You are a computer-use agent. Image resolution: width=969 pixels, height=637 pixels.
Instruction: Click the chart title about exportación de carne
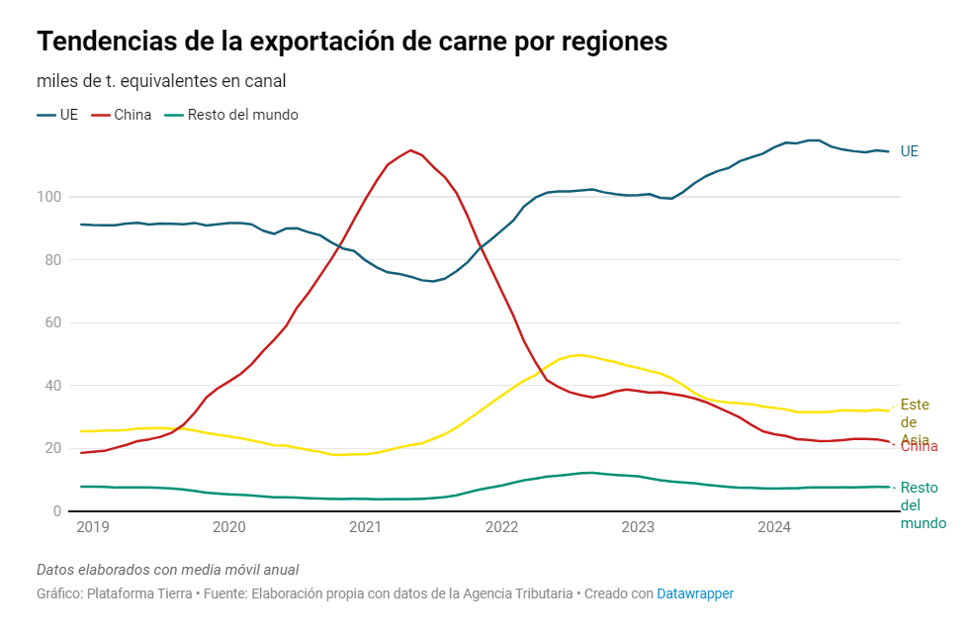[x=352, y=43]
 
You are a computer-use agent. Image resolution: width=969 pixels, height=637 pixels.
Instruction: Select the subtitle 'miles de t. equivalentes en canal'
[x=161, y=81]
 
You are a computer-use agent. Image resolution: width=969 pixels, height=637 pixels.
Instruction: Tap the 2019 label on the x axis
[x=92, y=528]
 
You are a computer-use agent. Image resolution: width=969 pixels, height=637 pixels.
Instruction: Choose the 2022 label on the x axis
[x=501, y=528]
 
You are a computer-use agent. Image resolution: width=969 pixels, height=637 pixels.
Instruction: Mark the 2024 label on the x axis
[x=773, y=528]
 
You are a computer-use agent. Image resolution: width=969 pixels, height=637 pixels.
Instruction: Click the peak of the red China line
[x=410, y=150]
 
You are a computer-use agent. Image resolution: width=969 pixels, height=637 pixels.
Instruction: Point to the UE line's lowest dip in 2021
[x=433, y=281]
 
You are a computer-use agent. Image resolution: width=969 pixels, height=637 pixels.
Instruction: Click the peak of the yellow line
[x=579, y=354]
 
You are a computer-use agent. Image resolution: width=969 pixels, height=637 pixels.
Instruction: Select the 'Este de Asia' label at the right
[x=915, y=421]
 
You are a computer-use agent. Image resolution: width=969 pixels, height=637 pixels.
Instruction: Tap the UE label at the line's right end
[x=910, y=151]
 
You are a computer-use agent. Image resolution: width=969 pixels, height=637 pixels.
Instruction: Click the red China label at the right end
[x=919, y=447]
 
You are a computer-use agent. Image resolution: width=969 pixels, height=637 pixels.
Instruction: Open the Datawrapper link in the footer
[x=695, y=593]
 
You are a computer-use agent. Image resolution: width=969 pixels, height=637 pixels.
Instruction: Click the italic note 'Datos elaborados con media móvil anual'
[x=167, y=570]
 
